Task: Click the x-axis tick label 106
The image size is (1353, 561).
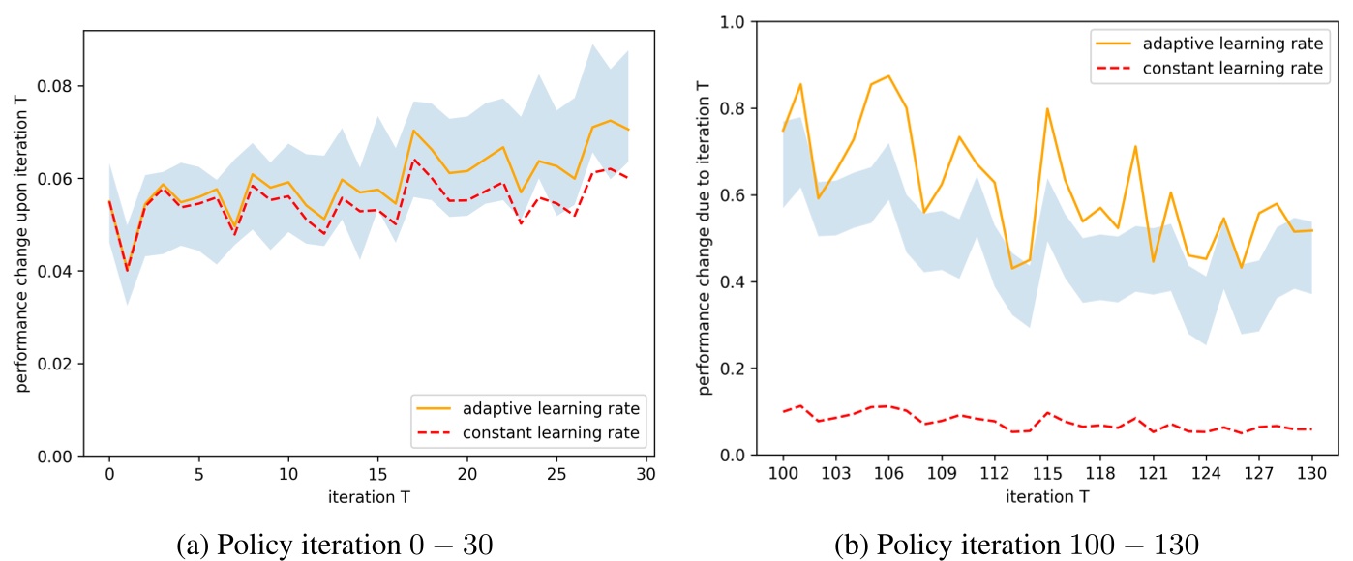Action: click(888, 476)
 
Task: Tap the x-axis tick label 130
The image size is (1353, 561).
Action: click(1311, 476)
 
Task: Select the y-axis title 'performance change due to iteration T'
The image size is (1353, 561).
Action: click(705, 238)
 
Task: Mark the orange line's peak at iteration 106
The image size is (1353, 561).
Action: click(888, 75)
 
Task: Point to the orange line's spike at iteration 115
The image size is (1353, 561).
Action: click(1047, 108)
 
